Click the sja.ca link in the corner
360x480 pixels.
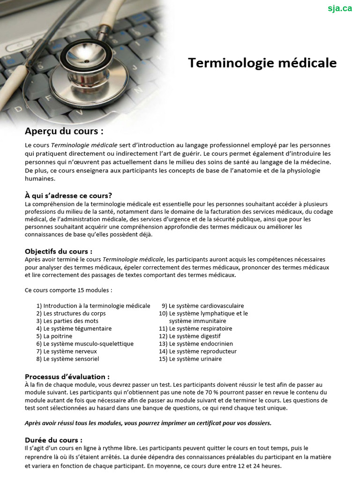pyautogui.click(x=340, y=8)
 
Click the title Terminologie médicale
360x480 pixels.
pyautogui.click(x=262, y=63)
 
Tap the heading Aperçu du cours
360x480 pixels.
pyautogui.click(x=64, y=131)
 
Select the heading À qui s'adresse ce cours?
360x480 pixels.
pyautogui.click(x=68, y=195)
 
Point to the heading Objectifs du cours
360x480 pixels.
pyautogui.click(x=59, y=251)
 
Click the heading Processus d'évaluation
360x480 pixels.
pyautogui.click(x=67, y=376)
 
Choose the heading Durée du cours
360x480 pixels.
pyautogui.click(x=53, y=440)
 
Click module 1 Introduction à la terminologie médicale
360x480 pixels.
pyautogui.click(x=93, y=306)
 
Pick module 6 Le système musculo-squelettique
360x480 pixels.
pyautogui.click(x=85, y=344)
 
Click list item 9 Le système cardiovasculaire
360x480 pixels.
pyautogui.click(x=202, y=306)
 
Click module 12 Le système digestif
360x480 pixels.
pyautogui.click(x=190, y=336)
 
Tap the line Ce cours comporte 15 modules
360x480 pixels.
pyautogui.click(x=68, y=290)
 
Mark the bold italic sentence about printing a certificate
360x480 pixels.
pyautogui.click(x=148, y=423)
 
